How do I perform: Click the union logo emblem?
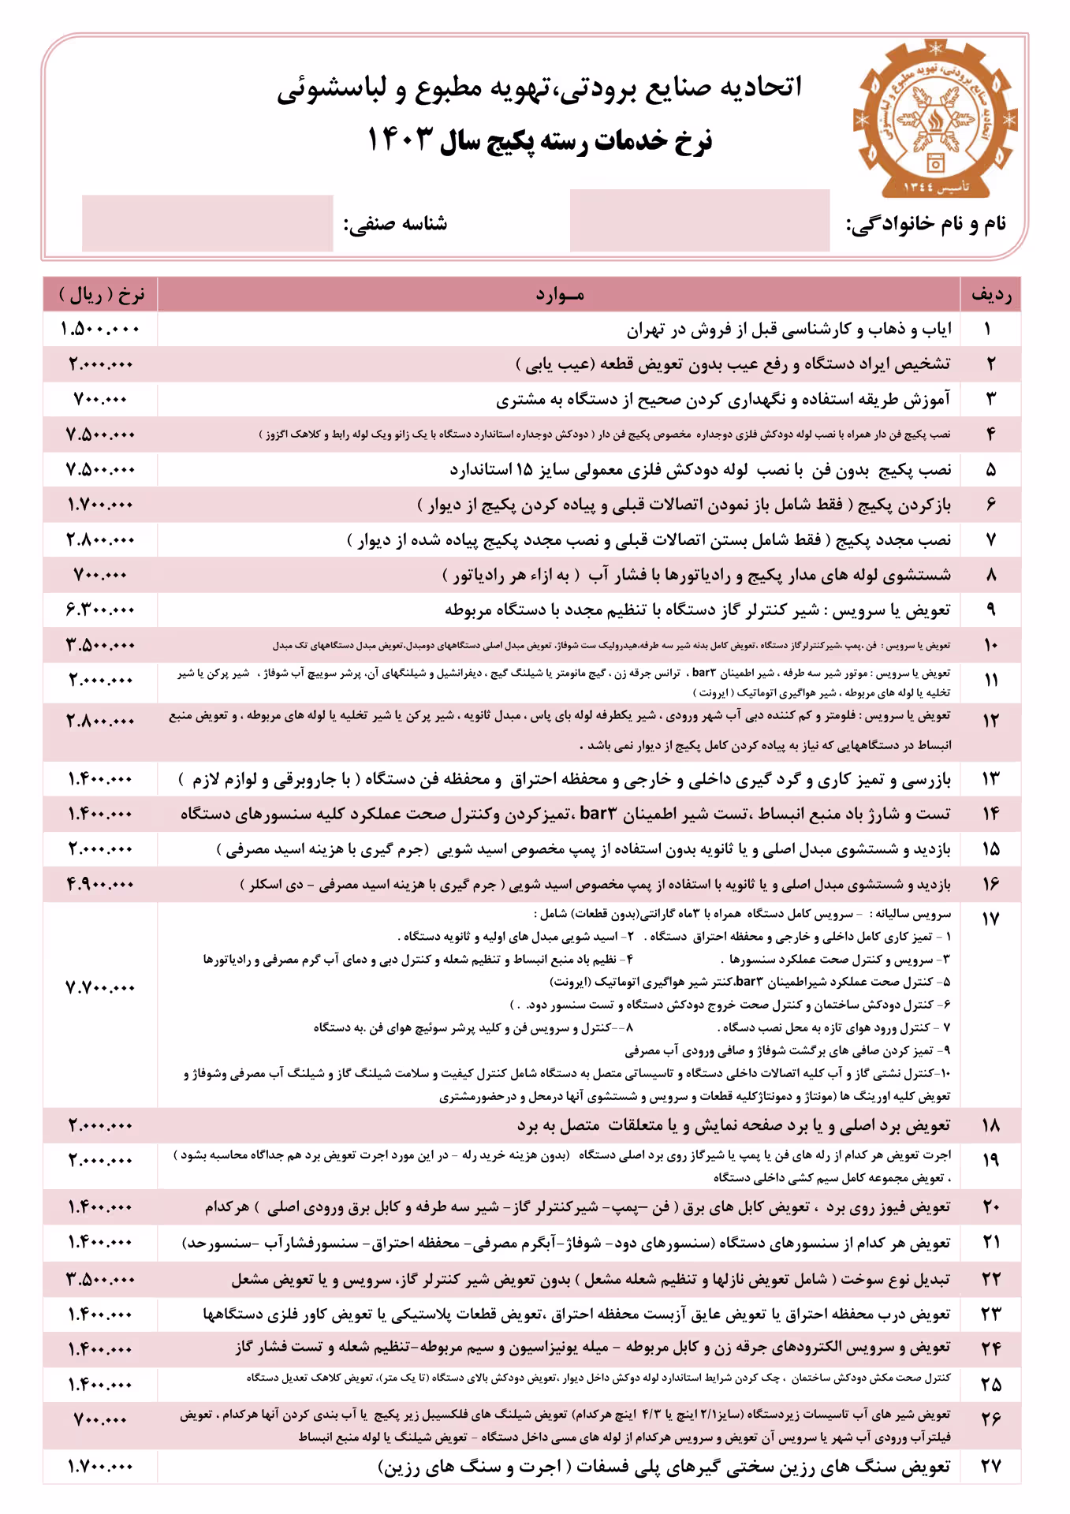(934, 119)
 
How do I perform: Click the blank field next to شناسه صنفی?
(207, 223)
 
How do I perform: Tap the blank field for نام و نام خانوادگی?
(699, 221)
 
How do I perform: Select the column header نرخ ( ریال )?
(101, 295)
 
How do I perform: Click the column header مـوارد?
(559, 295)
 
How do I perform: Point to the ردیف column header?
(990, 295)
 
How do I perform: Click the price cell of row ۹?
(101, 610)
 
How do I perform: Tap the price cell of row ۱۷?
(101, 987)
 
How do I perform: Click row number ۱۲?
(990, 720)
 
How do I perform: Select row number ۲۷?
(990, 1467)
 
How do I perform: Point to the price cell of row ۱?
(101, 329)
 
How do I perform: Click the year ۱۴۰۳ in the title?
(401, 140)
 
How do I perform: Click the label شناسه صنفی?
(395, 224)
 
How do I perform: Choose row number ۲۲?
(990, 1278)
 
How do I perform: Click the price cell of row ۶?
(101, 505)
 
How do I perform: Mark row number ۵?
(990, 470)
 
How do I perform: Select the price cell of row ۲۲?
(101, 1278)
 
